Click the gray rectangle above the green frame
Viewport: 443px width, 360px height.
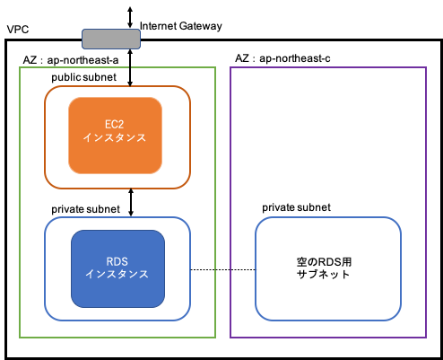point(111,39)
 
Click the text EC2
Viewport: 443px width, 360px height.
point(115,125)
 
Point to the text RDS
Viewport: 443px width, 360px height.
point(117,260)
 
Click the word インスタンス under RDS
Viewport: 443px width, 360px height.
point(117,274)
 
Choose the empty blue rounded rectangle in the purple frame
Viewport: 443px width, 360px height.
point(328,268)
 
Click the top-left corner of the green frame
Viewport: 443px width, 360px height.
point(20,67)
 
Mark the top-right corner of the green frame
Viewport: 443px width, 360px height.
point(215,67)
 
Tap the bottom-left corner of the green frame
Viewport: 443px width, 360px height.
point(20,338)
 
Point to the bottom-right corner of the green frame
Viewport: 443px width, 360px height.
point(215,338)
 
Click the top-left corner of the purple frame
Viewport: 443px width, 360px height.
point(230,67)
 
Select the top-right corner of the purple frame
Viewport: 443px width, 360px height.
point(426,67)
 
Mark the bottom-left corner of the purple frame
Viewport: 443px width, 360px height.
point(230,338)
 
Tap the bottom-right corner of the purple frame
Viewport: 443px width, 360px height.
point(426,338)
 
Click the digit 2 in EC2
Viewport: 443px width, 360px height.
point(124,125)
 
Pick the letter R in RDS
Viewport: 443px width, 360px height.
point(109,260)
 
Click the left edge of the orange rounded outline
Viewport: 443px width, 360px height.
point(45,137)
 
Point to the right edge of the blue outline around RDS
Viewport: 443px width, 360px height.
point(190,268)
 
